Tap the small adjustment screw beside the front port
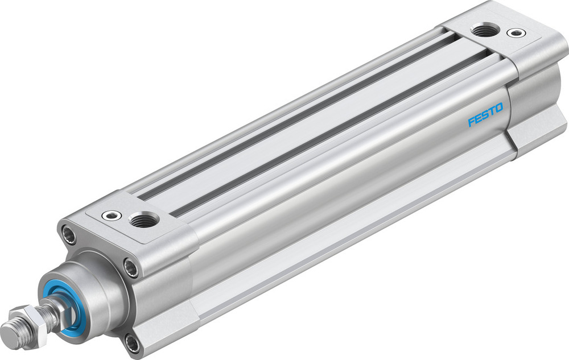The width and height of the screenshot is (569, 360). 110,215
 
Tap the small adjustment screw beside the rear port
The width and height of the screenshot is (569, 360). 517,33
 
